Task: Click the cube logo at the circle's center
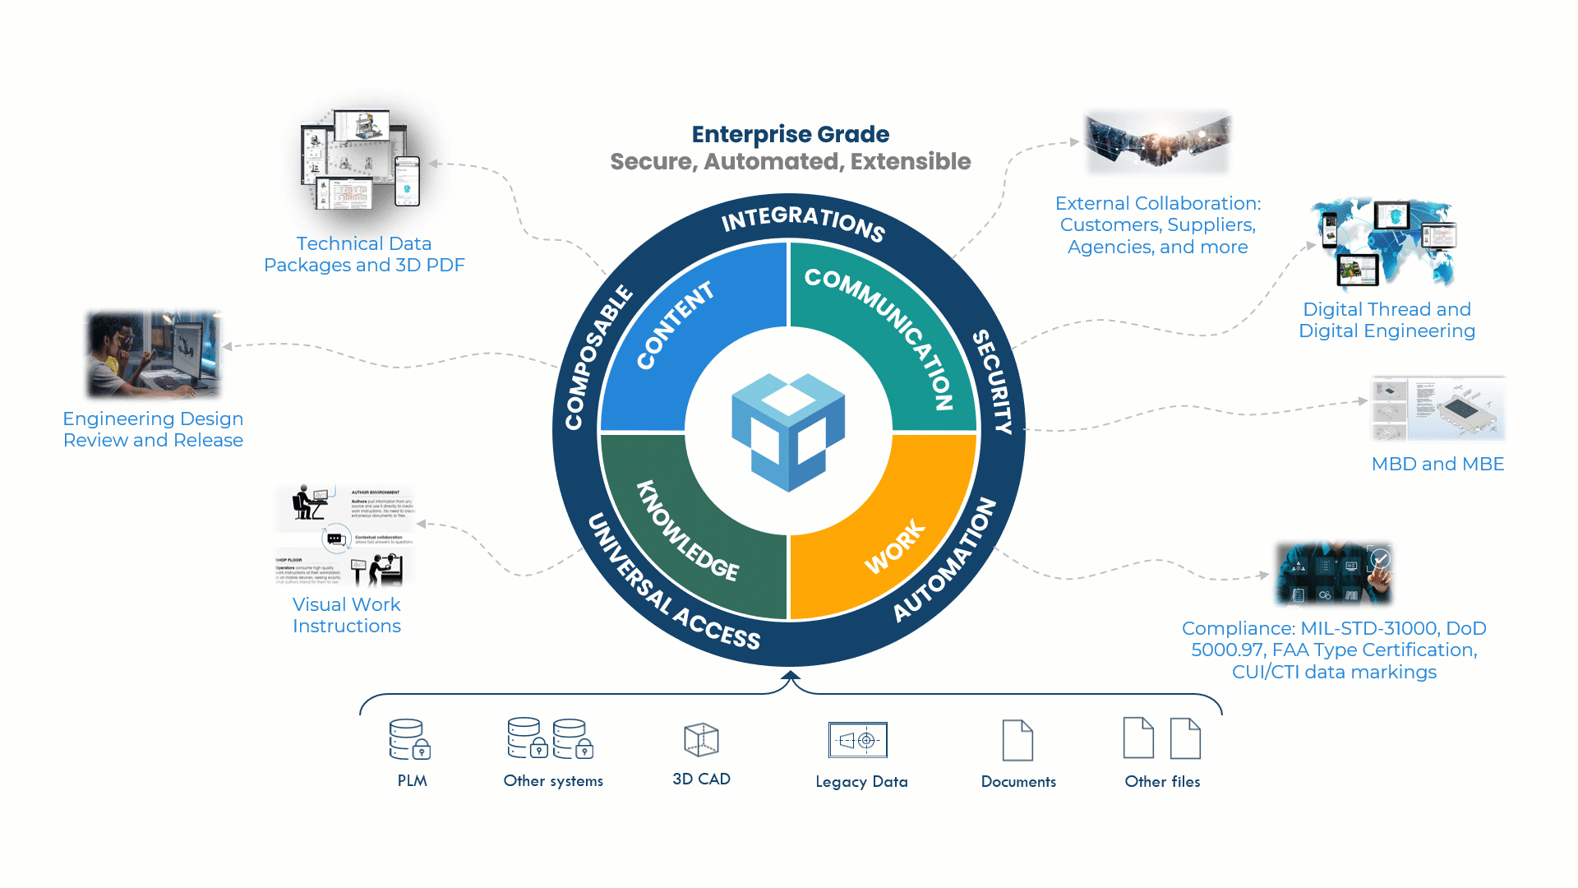pyautogui.click(x=788, y=432)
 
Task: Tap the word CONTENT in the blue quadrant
pyautogui.click(x=676, y=326)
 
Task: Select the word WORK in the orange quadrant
pyautogui.click(x=894, y=548)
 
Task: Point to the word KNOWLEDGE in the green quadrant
pyautogui.click(x=687, y=530)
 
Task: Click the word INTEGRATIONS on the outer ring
pyautogui.click(x=802, y=222)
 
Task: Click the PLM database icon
pyautogui.click(x=409, y=739)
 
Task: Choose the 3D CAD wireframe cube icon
pyautogui.click(x=701, y=739)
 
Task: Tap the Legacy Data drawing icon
pyautogui.click(x=858, y=740)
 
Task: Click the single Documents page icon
pyautogui.click(x=1017, y=740)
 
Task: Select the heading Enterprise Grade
pyautogui.click(x=790, y=134)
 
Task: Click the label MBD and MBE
pyautogui.click(x=1437, y=464)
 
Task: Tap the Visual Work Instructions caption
pyautogui.click(x=347, y=615)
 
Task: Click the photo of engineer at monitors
pyautogui.click(x=155, y=354)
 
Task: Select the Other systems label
pyautogui.click(x=553, y=781)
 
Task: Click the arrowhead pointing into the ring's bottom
pyautogui.click(x=791, y=677)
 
